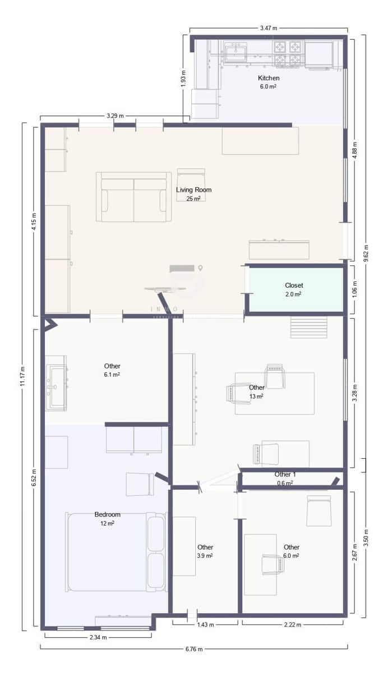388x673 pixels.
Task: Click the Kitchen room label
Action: [x=268, y=78]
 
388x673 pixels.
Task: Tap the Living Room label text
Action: [x=193, y=190]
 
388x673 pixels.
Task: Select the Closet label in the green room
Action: [x=293, y=285]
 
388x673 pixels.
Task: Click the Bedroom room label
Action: [x=107, y=514]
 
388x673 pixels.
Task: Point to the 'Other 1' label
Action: [x=285, y=474]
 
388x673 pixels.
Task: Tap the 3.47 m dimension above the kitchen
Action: [x=268, y=27]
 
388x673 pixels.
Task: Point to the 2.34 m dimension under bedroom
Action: [x=98, y=637]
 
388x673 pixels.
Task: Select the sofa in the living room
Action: [x=133, y=197]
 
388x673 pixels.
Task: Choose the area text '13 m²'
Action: [x=256, y=396]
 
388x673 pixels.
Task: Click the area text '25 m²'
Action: [x=193, y=199]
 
